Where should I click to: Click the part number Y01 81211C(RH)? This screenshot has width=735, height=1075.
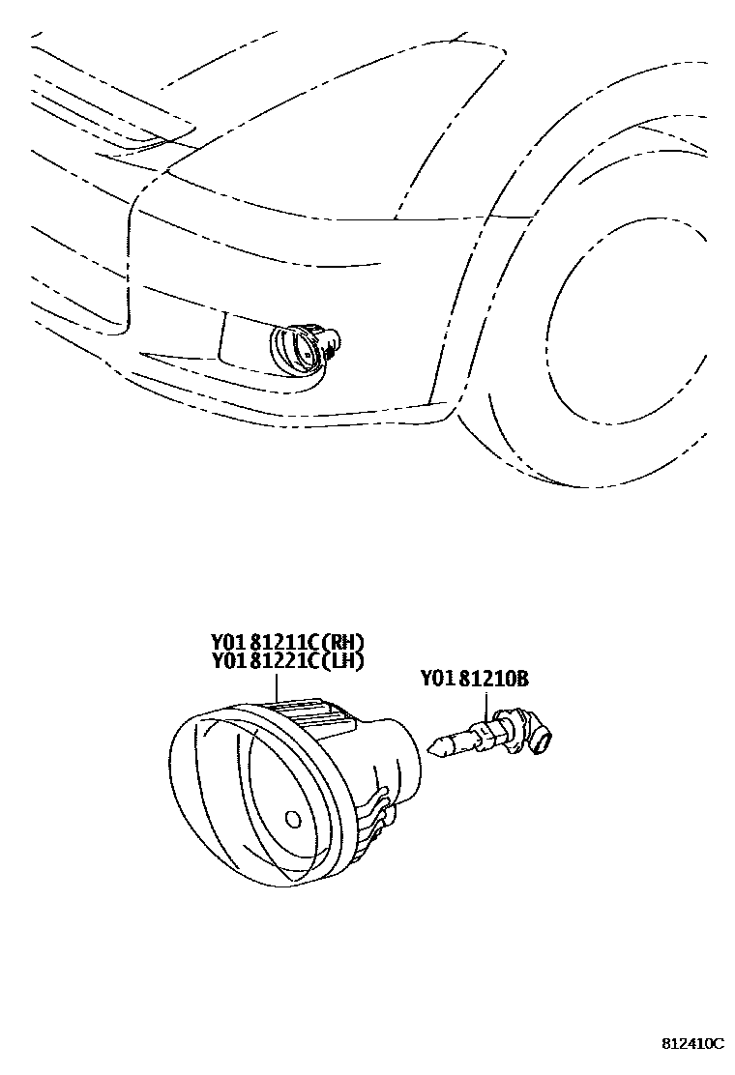[288, 643]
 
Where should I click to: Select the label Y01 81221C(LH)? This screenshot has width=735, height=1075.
[288, 661]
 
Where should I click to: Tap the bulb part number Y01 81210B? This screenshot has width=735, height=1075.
[474, 679]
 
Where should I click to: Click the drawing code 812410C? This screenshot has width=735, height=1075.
[692, 1044]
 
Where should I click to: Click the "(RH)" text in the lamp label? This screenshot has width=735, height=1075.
[343, 643]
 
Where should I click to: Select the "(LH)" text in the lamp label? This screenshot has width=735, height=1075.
[343, 661]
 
